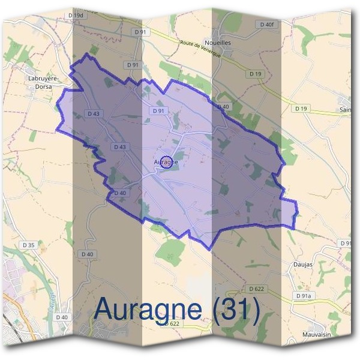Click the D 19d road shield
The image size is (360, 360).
pos(76,15)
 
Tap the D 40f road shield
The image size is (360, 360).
pos(267,24)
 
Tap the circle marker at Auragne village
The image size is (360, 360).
pos(167,161)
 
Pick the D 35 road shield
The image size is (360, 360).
pos(28,245)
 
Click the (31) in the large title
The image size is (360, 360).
pos(231,309)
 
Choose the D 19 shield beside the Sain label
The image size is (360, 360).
pos(301,109)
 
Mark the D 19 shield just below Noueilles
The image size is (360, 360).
pos(256,73)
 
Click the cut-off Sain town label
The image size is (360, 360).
pos(345,110)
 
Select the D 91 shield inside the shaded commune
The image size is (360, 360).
pos(158,111)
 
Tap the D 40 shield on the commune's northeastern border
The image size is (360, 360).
pos(223,107)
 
